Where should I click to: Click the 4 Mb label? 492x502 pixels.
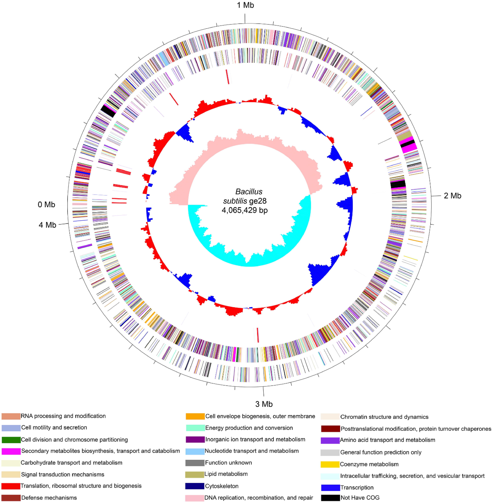pos(47,225)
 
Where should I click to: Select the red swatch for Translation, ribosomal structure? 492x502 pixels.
pos(11,486)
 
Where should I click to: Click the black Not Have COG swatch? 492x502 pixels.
pos(330,498)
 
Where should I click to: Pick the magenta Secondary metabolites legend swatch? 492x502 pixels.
pos(11,451)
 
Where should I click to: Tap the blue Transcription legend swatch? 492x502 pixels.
pos(330,488)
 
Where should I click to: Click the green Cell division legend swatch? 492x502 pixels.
pos(11,440)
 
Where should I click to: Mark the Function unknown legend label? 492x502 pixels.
pos(228,463)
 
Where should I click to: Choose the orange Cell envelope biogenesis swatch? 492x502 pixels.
pos(195,416)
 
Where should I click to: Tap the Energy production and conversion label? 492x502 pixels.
pos(249,428)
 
